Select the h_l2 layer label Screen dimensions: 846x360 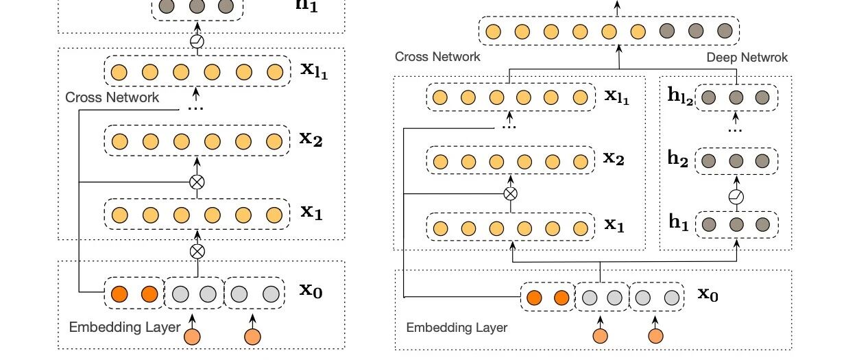tap(681, 96)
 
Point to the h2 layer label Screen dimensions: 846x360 tap(678, 158)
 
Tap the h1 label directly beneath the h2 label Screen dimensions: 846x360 tap(679, 221)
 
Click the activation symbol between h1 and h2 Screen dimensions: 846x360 tap(736, 197)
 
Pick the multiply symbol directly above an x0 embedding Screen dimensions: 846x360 tap(197, 251)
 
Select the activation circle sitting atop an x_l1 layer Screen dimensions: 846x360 tap(197, 41)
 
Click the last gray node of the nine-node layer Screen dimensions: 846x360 tap(725, 31)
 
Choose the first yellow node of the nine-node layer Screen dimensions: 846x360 tap(493, 32)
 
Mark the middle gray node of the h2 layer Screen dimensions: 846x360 tap(736, 161)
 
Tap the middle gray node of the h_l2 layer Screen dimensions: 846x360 tap(736, 97)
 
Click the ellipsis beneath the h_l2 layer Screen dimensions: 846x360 tap(735, 131)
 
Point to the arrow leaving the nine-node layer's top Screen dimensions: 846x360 tap(617, 8)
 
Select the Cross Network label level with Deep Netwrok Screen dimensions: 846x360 tap(437, 57)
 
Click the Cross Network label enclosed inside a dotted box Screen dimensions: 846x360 tap(112, 97)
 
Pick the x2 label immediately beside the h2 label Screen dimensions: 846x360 tap(614, 158)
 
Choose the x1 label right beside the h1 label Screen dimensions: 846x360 tap(614, 224)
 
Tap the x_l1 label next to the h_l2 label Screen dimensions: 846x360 tap(617, 96)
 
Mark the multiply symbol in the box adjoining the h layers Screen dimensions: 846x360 tap(511, 194)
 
